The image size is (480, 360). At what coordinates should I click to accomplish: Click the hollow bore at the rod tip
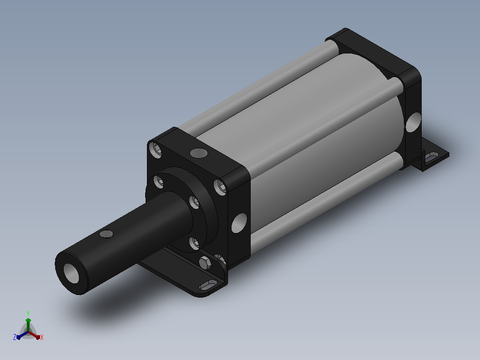coord(71,273)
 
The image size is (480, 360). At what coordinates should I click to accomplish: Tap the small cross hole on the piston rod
coord(106,234)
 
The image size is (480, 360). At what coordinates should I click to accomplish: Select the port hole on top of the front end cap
coord(199,153)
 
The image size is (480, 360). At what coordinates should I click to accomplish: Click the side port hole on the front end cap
coord(239,223)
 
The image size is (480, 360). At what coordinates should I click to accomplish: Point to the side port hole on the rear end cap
coord(413,122)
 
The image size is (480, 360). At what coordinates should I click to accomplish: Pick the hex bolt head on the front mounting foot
coord(204,263)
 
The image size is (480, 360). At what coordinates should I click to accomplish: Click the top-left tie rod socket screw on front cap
coord(156,150)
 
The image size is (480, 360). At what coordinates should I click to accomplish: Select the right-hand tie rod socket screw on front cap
coord(220,187)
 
